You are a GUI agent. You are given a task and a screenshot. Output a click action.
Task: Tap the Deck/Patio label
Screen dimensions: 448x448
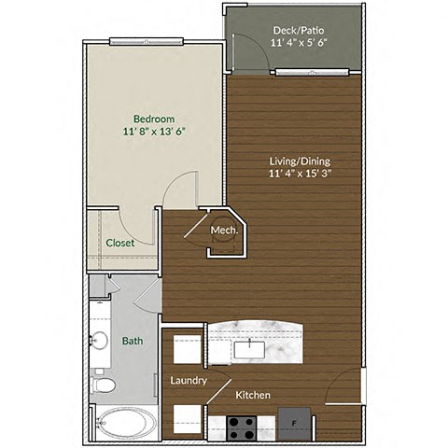coord(298,29)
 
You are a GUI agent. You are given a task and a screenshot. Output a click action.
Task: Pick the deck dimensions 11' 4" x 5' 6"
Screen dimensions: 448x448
coord(298,43)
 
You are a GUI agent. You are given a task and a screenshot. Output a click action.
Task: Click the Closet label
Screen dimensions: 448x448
coord(119,243)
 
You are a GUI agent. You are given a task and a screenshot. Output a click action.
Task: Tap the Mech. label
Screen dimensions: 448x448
coord(222,231)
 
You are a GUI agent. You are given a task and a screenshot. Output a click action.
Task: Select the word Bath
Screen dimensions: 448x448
coord(133,341)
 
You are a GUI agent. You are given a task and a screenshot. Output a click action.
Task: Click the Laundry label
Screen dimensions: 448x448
coord(188,381)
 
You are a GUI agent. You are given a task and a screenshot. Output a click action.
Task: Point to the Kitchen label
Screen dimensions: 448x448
coord(253,396)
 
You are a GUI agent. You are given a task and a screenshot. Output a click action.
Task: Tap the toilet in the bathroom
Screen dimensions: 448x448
coord(104,384)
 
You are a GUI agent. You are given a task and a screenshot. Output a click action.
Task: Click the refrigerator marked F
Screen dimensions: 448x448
coord(295,424)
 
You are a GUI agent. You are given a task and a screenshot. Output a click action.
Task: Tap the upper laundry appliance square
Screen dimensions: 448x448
coord(187,350)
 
